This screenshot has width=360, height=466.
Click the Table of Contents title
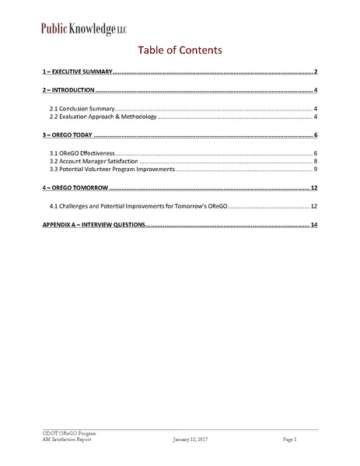[x=180, y=51]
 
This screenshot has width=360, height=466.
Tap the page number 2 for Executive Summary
[x=316, y=72]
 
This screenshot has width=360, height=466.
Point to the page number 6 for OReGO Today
[x=316, y=135]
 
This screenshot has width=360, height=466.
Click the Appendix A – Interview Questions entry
[x=93, y=226]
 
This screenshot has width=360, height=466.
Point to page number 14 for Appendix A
[x=314, y=226]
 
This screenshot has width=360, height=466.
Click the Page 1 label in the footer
[x=290, y=440]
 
